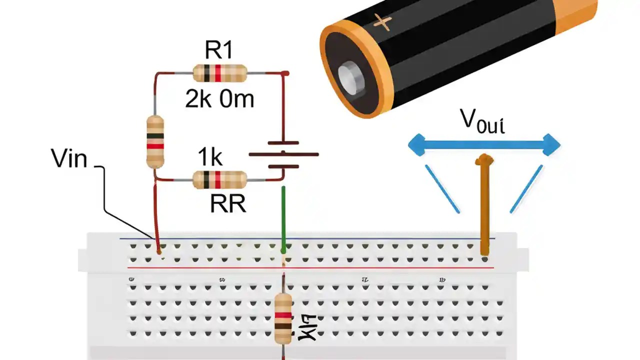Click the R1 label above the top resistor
click(x=219, y=50)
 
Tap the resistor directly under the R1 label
click(x=219, y=73)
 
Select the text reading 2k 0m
click(x=219, y=99)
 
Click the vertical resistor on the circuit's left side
click(x=155, y=141)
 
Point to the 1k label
click(x=210, y=157)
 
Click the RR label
click(x=228, y=204)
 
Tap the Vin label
click(x=69, y=159)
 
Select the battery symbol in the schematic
click(x=283, y=154)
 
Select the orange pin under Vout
click(x=484, y=205)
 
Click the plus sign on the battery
click(x=382, y=22)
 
